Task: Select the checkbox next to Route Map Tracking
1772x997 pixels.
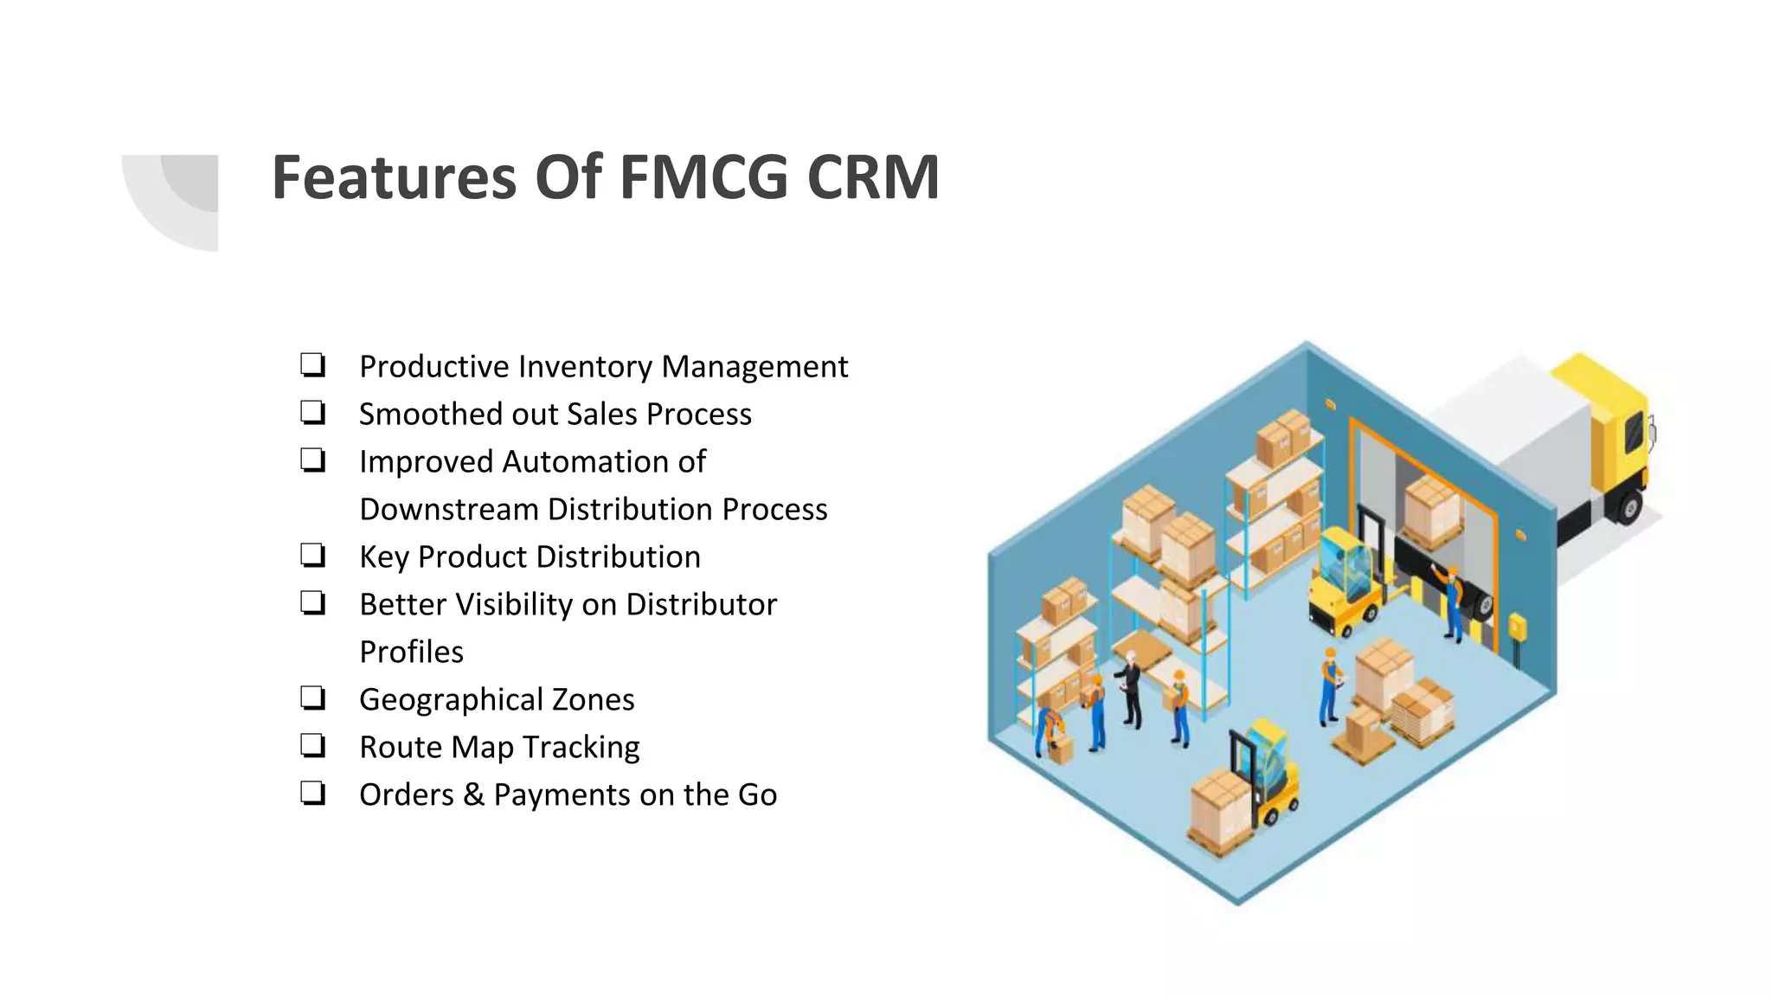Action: pos(312,745)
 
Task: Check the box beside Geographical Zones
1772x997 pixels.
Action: pos(312,698)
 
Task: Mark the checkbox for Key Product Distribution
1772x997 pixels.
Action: pos(312,555)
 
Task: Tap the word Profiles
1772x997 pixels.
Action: pos(411,652)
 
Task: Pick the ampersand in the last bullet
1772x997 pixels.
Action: pos(473,794)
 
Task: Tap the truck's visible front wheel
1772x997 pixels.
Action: pos(1629,507)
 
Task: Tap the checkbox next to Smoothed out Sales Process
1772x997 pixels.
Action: pos(312,412)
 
